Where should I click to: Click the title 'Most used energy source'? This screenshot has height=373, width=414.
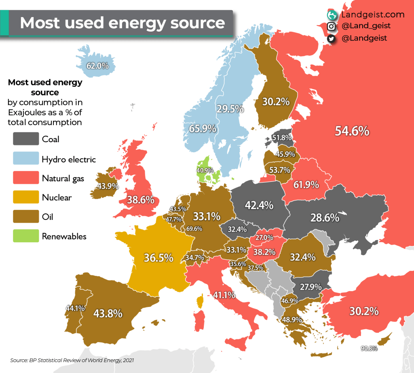click(x=122, y=22)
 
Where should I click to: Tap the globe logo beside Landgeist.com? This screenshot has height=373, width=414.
click(x=332, y=15)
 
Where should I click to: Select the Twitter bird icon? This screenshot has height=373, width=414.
click(x=332, y=38)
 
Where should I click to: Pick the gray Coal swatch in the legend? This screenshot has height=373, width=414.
click(x=26, y=139)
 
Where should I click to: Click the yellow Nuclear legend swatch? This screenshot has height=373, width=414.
click(x=26, y=198)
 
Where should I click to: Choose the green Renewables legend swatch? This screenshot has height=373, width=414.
click(x=26, y=236)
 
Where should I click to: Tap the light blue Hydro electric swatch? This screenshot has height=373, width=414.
click(x=26, y=159)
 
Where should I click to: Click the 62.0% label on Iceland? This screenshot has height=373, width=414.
click(x=97, y=66)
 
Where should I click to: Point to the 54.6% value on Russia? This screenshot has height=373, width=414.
click(x=352, y=131)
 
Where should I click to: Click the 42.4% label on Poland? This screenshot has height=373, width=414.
click(x=259, y=205)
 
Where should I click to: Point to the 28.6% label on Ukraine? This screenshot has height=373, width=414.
click(x=325, y=217)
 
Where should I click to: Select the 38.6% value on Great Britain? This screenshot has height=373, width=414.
click(x=140, y=200)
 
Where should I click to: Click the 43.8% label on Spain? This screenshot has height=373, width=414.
click(x=108, y=313)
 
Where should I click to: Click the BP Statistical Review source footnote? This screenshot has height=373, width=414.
click(x=72, y=360)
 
